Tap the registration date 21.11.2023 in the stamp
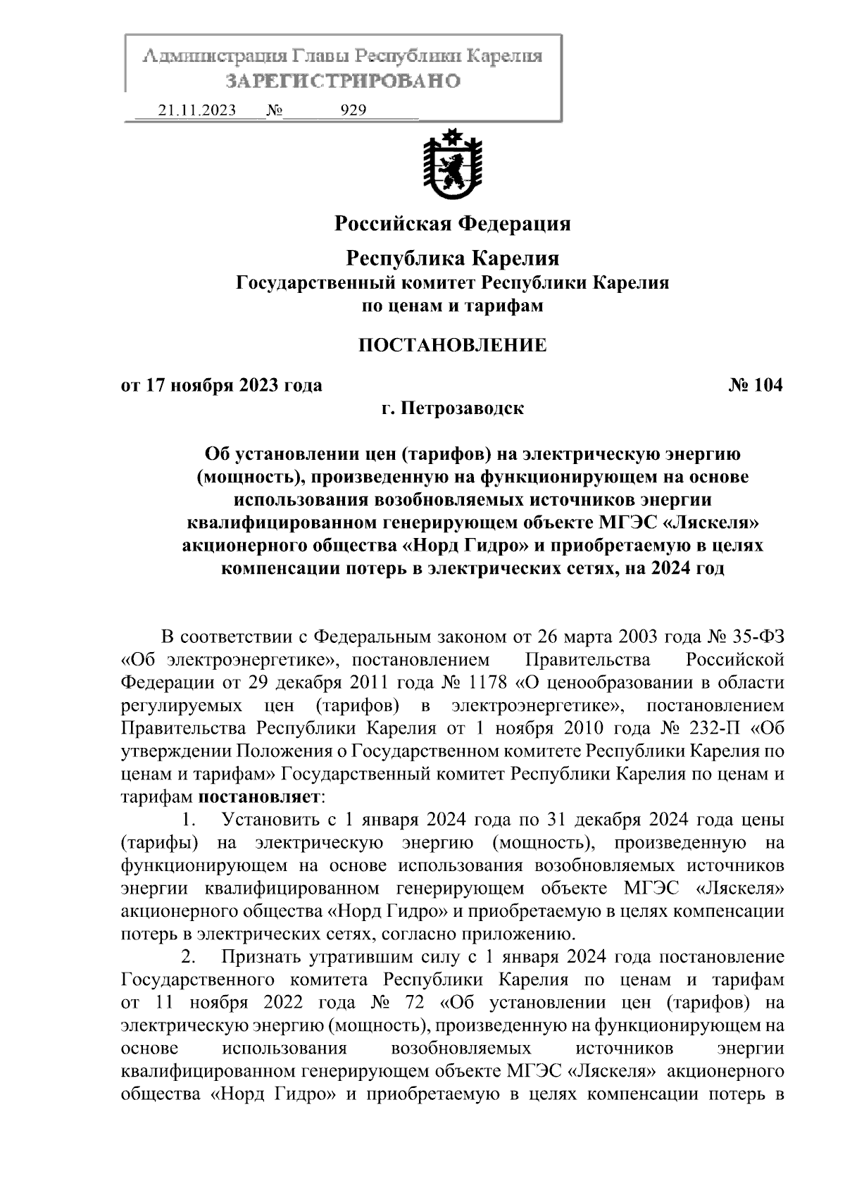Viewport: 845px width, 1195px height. [197, 111]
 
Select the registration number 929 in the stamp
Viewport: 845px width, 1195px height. [353, 111]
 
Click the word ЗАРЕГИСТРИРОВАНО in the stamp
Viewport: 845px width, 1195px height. [343, 81]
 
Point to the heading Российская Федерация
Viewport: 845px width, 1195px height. [452, 224]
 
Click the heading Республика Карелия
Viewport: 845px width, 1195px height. [452, 258]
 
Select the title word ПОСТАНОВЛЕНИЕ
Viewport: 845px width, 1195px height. [452, 345]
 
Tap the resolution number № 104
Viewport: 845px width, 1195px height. [754, 385]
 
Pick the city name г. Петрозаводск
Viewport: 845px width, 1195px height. [452, 408]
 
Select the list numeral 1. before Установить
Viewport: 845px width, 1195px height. [188, 820]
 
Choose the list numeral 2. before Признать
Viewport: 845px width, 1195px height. [188, 958]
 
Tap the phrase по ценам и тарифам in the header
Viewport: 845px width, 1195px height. [452, 306]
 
